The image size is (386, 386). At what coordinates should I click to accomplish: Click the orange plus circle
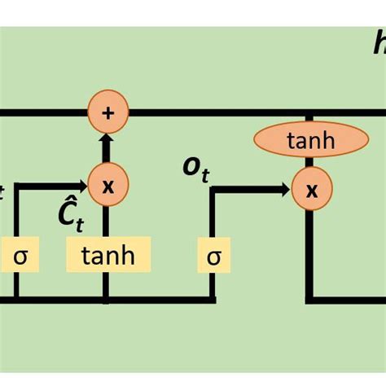pyautogui.click(x=107, y=112)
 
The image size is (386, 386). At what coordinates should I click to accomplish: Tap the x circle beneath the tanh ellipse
pyautogui.click(x=311, y=191)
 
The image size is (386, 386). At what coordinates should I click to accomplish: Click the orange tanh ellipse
pyautogui.click(x=310, y=140)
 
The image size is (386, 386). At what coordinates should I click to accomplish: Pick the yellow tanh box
pyautogui.click(x=109, y=256)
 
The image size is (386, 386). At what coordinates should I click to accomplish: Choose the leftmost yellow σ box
pyautogui.click(x=20, y=256)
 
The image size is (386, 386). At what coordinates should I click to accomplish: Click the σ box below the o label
pyautogui.click(x=214, y=257)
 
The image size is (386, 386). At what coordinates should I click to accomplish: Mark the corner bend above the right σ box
pyautogui.click(x=214, y=191)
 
